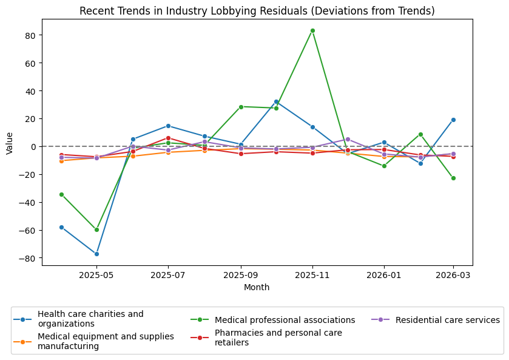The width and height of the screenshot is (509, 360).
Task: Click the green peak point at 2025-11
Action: point(312,30)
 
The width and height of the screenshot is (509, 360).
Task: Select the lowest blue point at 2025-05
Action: point(96,254)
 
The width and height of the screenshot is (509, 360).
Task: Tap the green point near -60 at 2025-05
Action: point(96,229)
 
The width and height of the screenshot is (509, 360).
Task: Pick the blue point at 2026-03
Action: point(453,120)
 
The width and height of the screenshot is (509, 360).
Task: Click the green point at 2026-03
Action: point(453,178)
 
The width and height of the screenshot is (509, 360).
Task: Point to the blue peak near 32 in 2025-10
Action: point(276,101)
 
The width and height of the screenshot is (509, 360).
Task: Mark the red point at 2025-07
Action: point(168,138)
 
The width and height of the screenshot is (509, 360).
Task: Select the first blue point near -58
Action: point(61,227)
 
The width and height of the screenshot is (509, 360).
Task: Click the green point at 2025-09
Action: point(241,107)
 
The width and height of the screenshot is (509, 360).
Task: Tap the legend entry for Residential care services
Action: point(447,320)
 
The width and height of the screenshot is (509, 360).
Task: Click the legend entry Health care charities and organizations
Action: point(90,319)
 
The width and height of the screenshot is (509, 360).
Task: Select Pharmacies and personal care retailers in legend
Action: point(278,338)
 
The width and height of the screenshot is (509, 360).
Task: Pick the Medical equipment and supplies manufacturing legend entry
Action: point(106,341)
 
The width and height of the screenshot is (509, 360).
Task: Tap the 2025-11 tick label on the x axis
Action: point(312,274)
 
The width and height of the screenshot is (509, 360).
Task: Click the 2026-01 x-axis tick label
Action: point(384,274)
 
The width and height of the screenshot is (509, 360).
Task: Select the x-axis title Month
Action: point(257,287)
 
